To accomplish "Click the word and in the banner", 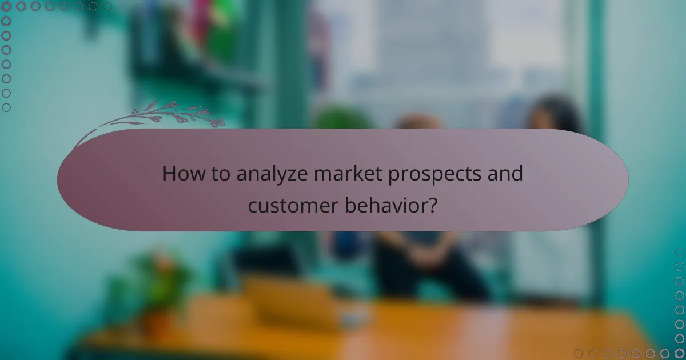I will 506,173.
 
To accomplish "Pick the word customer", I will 286,205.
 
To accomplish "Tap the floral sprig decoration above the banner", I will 171,113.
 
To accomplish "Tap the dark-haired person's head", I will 552,114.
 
